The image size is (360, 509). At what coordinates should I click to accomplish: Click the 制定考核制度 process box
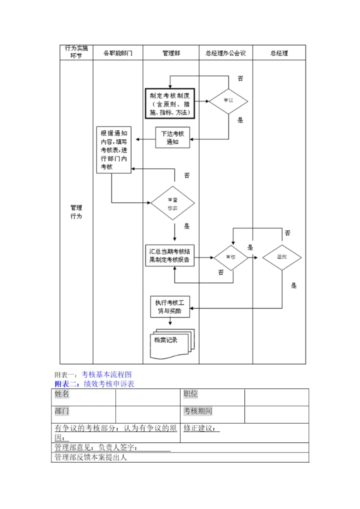point(169,104)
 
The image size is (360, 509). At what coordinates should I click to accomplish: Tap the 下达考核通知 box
point(172,138)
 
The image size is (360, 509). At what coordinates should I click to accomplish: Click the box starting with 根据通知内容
point(113,150)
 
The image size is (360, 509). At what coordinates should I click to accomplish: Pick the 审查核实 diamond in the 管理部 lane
point(173,203)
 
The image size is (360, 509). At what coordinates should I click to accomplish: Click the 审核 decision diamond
point(230,257)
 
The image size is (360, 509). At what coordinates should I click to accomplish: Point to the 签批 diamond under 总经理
point(282,257)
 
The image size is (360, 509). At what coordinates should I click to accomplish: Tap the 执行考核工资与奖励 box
point(170,306)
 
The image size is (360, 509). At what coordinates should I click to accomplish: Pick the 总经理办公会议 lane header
point(225,53)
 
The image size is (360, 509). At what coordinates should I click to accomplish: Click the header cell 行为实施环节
point(76,52)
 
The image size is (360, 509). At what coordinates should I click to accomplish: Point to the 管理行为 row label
point(76,212)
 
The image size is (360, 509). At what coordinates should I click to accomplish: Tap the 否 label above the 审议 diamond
point(240,78)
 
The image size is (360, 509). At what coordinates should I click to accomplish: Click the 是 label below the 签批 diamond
point(294,286)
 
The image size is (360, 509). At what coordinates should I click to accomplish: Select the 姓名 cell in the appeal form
point(62,394)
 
